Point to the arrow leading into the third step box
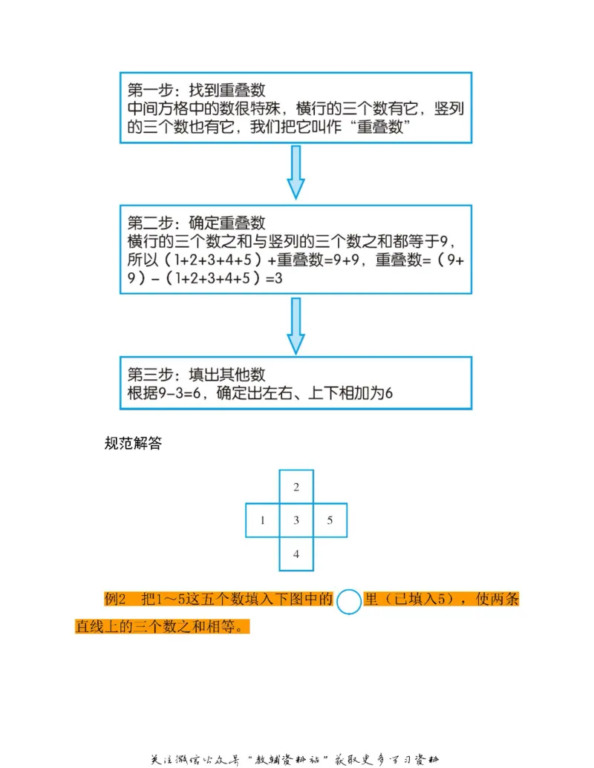tap(296, 326)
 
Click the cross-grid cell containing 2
tap(296, 487)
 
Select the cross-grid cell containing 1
tap(262, 520)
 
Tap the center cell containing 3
tap(296, 520)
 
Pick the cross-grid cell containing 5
tap(330, 520)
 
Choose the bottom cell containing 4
tap(296, 554)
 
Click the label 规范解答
tap(134, 444)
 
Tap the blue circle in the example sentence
tap(348, 600)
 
